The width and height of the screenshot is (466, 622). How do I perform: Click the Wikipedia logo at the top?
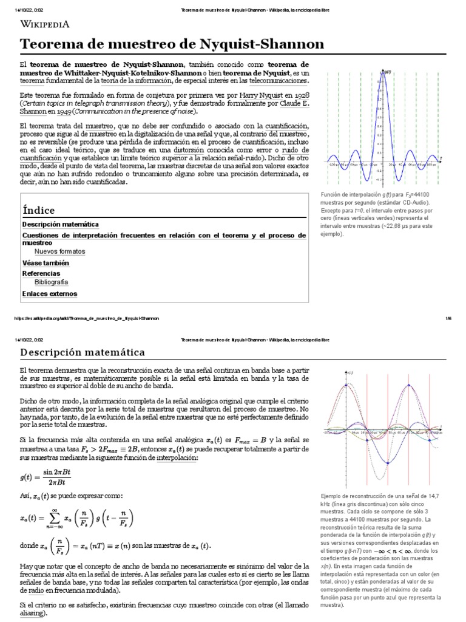(x=46, y=24)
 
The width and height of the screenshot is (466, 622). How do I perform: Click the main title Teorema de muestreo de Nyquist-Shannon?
(x=172, y=44)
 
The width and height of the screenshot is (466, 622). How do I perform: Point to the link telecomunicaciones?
(x=278, y=80)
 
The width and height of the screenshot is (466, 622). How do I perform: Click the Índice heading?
(x=38, y=210)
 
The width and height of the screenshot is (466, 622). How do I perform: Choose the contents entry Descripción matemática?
(x=55, y=224)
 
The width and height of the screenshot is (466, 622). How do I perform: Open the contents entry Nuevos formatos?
(x=60, y=251)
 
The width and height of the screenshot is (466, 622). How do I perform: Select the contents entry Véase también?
(x=46, y=263)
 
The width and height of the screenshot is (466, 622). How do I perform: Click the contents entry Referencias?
(x=41, y=273)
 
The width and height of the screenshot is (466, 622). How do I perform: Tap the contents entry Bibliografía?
(x=52, y=282)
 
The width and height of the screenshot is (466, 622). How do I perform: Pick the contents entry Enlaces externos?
(x=50, y=294)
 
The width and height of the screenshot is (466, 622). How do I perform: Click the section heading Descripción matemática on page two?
(x=83, y=352)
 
